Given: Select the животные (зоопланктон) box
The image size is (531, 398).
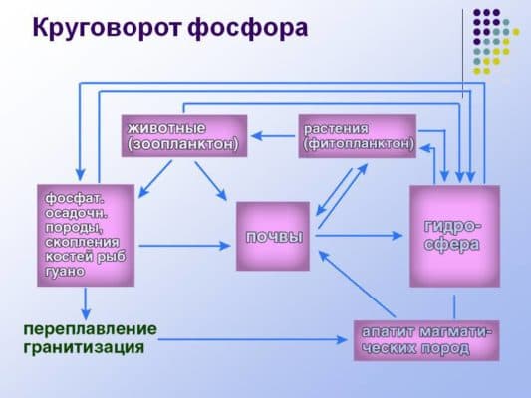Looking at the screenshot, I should click(184, 136).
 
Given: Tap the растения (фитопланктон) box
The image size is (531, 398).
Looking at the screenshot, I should click(358, 136).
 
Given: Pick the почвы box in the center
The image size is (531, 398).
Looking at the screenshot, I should click(273, 236).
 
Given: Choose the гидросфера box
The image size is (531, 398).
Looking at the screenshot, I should click(453, 237).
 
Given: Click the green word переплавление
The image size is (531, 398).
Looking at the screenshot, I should click(91, 328).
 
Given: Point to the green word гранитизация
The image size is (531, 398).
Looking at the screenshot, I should click(85, 348).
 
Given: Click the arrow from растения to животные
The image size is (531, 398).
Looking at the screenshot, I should click(273, 134).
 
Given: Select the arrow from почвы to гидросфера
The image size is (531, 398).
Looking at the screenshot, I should click(359, 236).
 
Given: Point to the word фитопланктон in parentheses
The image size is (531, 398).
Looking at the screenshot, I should click(358, 144).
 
